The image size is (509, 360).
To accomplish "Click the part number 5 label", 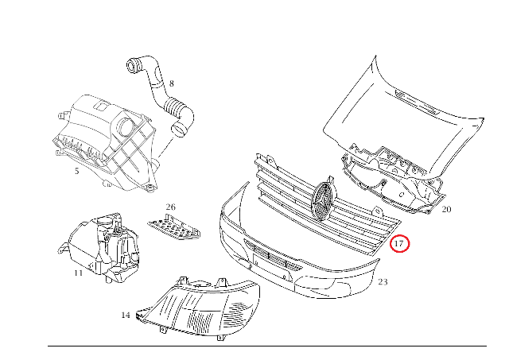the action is click(76, 171).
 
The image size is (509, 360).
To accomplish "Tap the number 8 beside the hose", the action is click(172, 83).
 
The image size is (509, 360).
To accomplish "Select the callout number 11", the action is click(78, 273).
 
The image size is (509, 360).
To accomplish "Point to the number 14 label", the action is click(126, 315).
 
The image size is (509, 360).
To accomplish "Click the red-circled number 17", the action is click(399, 243).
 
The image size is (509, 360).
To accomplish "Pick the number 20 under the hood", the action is click(446, 210).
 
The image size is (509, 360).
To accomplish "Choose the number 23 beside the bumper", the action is click(383, 282).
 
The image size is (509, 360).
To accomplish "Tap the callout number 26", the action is click(170, 207).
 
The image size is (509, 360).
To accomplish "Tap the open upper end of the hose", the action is click(133, 65).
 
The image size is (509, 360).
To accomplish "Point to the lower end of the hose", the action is click(179, 130).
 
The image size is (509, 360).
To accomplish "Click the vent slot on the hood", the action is click(417, 103).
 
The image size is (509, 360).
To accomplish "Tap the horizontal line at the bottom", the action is click(267, 346).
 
